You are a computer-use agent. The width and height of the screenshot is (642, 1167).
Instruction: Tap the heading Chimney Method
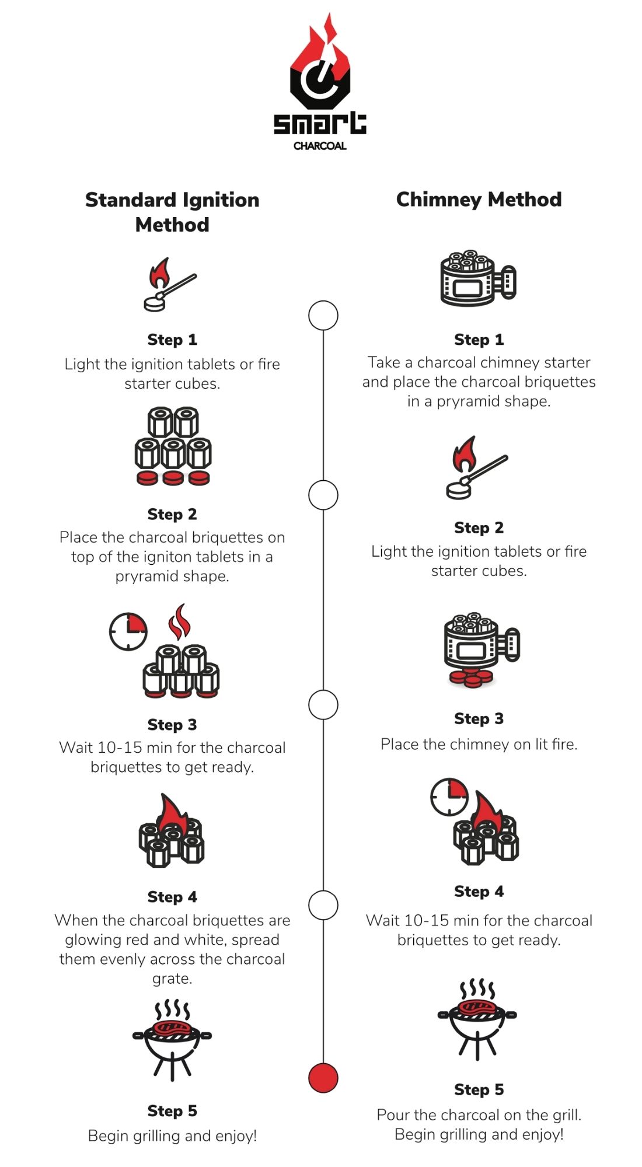[x=479, y=200]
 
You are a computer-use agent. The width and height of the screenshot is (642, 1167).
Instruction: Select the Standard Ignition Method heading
[x=172, y=212]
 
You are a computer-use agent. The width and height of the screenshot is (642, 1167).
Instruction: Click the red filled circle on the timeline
[x=323, y=1077]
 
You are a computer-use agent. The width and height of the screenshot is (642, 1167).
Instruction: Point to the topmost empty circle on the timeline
[x=323, y=316]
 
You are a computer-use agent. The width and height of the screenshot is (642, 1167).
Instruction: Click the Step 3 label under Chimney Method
[x=479, y=718]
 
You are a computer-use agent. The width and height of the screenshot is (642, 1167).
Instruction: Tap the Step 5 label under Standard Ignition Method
[x=172, y=1110]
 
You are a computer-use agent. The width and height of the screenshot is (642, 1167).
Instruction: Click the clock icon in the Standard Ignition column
[x=128, y=631]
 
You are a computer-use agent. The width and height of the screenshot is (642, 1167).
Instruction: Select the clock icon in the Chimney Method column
[x=449, y=796]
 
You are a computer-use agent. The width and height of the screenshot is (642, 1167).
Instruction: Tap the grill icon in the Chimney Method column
[x=477, y=1018]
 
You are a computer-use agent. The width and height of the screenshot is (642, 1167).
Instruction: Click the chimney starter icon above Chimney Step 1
[x=477, y=278]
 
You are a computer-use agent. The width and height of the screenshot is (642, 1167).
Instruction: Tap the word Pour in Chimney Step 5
[x=393, y=1115]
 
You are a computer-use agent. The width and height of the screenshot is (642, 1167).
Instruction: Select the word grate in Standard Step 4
[x=172, y=979]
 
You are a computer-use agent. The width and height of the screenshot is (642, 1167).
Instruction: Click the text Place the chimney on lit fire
[x=479, y=744]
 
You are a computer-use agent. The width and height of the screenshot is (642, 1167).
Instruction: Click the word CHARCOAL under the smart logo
[x=320, y=146]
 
